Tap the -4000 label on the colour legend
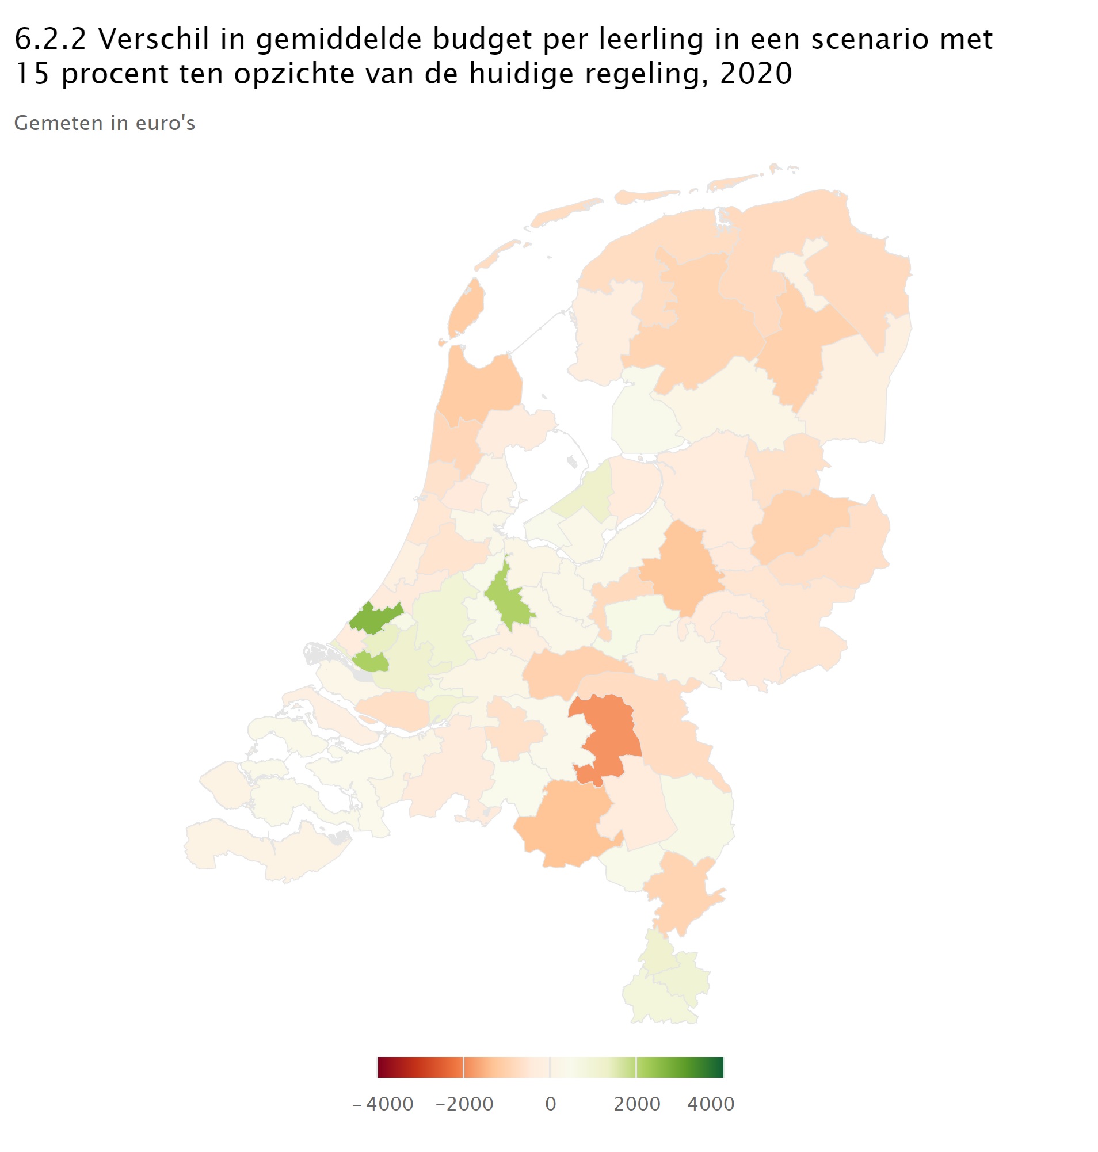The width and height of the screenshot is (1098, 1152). click(x=383, y=1104)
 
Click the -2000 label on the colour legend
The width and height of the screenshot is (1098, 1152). click(x=465, y=1104)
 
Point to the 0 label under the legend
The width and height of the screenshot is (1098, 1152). click(x=550, y=1104)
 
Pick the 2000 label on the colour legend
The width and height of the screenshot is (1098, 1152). click(x=637, y=1104)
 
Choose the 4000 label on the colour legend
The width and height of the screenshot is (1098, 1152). click(x=711, y=1104)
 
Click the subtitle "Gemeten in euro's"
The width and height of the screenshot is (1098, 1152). click(x=104, y=123)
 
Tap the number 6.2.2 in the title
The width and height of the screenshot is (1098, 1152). click(x=50, y=40)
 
